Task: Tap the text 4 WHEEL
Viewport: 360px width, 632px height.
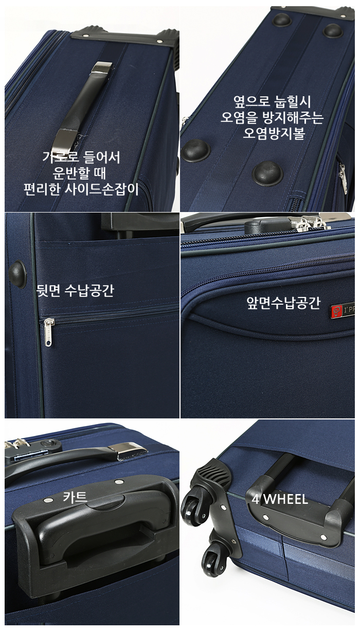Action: click(280, 500)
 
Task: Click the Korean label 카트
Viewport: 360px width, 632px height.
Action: click(75, 496)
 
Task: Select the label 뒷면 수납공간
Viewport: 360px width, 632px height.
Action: click(75, 290)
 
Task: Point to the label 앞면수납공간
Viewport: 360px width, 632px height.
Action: click(283, 303)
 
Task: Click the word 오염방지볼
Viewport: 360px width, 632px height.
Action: click(274, 133)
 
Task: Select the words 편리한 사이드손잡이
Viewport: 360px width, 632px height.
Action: click(81, 189)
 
